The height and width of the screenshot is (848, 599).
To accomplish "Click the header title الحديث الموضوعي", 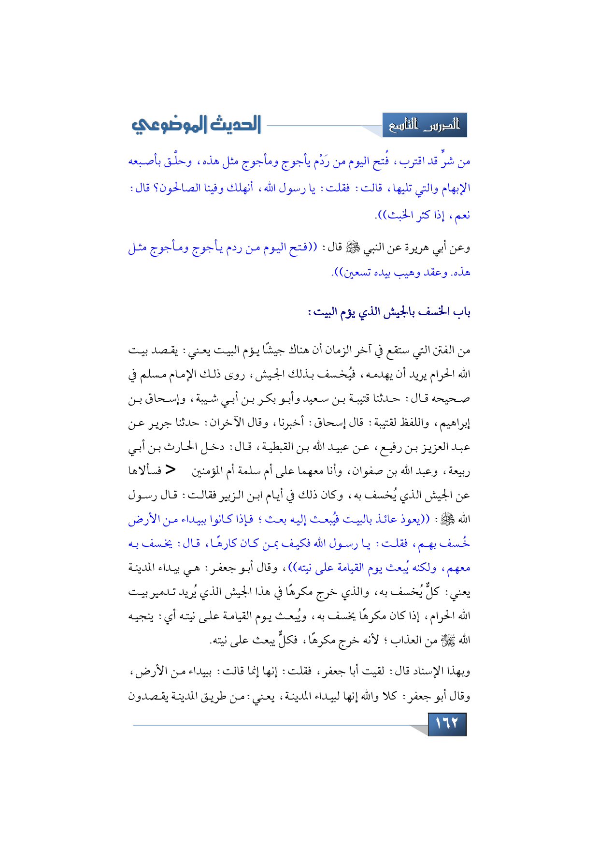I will point(196,125).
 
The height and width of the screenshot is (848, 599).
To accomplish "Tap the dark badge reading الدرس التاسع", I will point(425,125).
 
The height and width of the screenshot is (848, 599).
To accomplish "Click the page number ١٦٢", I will point(447,724).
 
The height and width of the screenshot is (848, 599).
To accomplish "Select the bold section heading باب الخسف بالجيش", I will point(389,312).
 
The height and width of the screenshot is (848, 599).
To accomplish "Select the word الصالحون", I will point(181,188).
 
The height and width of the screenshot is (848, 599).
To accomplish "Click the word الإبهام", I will point(455,188).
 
